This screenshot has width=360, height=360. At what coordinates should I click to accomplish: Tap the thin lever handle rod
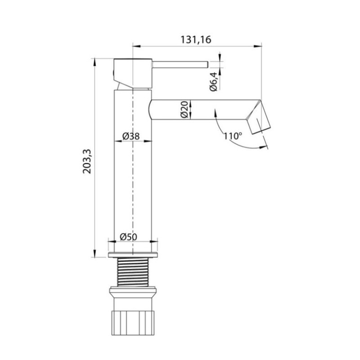click(180, 64)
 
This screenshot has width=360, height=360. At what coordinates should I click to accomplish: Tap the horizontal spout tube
click(202, 109)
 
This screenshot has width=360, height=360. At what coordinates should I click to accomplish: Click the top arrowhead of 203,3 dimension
click(95, 62)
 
